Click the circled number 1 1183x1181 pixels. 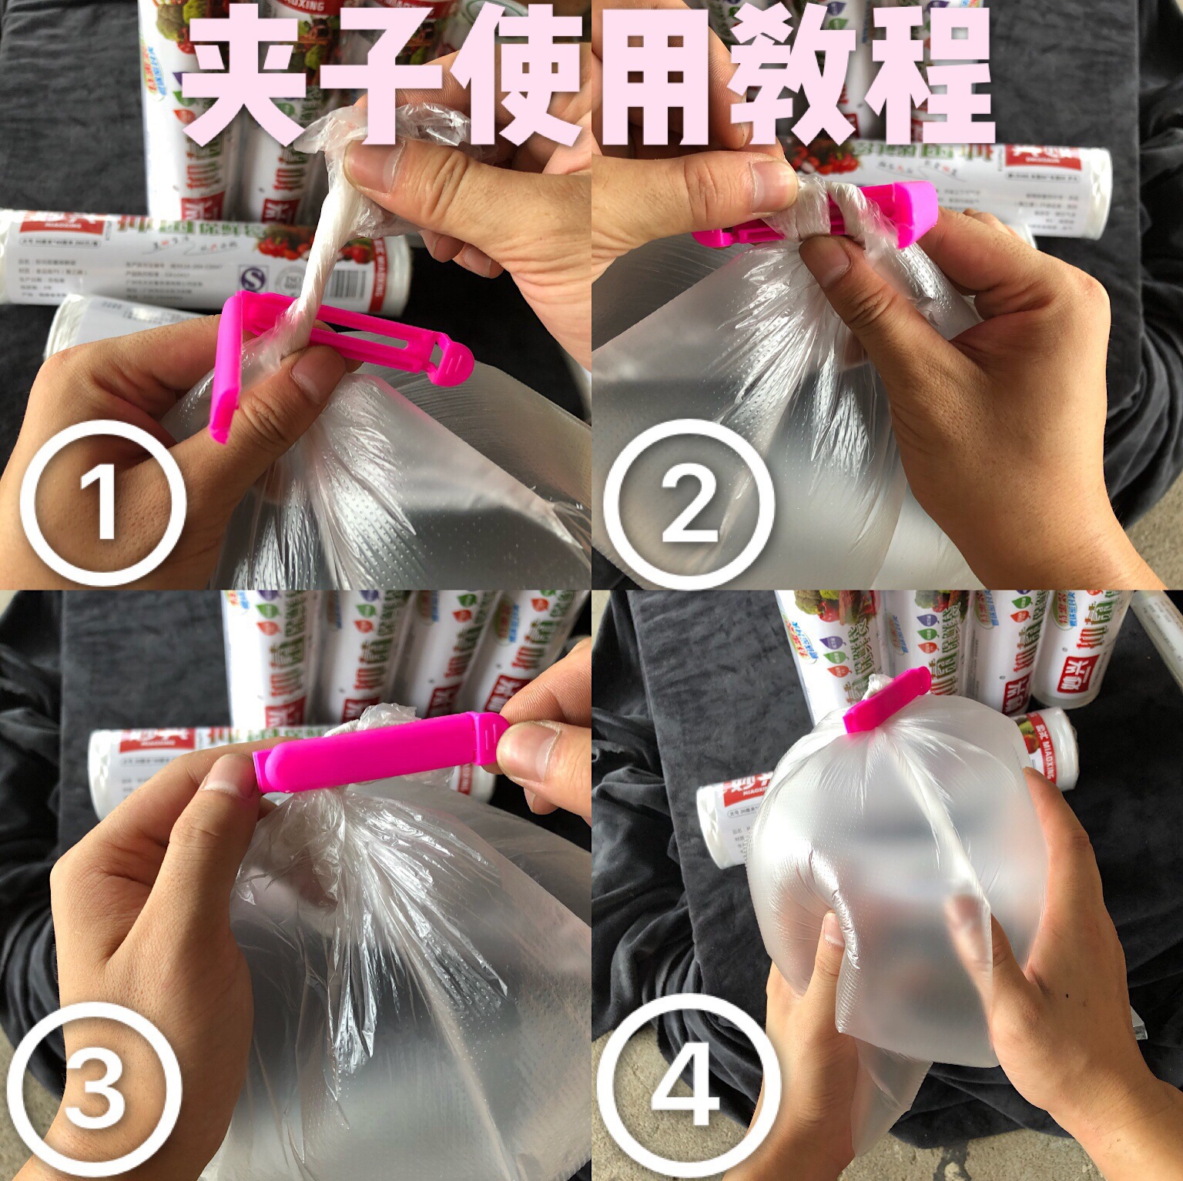click(102, 505)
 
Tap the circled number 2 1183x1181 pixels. click(688, 505)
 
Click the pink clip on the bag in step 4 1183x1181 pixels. click(886, 704)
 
